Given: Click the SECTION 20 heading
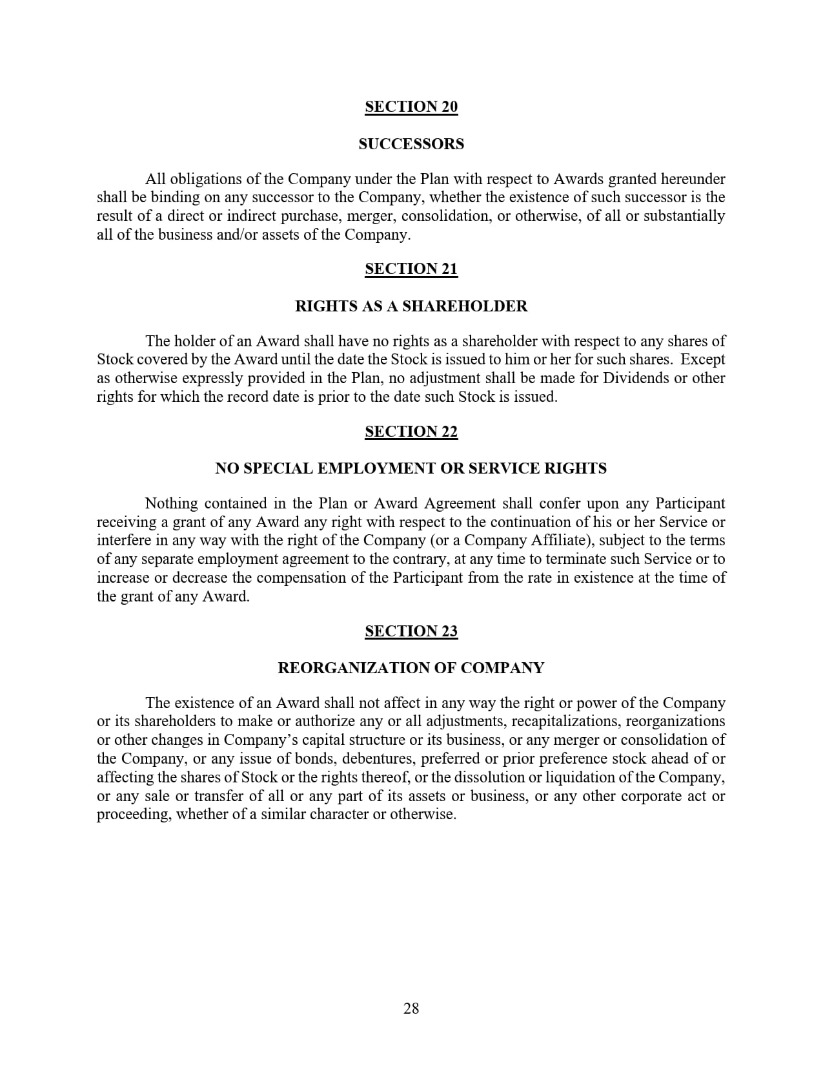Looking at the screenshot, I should (x=411, y=107).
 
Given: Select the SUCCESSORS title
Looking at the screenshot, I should (x=411, y=144).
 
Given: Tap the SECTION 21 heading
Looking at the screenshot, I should (x=411, y=269).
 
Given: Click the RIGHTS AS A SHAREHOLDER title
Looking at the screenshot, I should (x=411, y=306).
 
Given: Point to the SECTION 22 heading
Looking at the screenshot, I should (x=411, y=432).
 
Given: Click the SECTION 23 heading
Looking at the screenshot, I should (x=411, y=631).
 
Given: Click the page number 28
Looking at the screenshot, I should (x=411, y=1009).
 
